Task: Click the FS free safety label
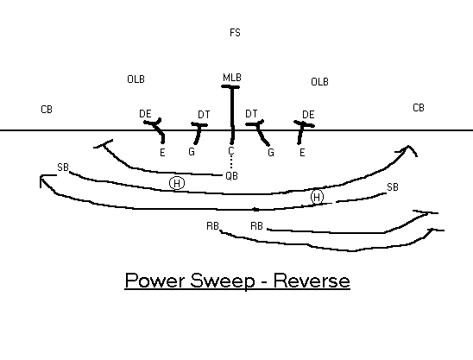point(235,33)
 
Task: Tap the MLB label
point(232,78)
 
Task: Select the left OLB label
point(136,79)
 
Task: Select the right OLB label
point(319,82)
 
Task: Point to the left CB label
point(47,110)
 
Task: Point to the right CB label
point(419,108)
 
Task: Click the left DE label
point(145,114)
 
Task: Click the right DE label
point(308,114)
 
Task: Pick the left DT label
point(204,114)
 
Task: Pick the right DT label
point(251,114)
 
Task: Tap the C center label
point(231,150)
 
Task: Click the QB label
point(231,175)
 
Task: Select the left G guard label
point(192,151)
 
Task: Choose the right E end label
point(302,153)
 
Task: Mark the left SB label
point(63,167)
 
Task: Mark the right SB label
point(393,187)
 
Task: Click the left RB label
point(212,226)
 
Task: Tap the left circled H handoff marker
point(177,183)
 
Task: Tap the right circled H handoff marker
point(317,197)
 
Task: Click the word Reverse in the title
point(312,281)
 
